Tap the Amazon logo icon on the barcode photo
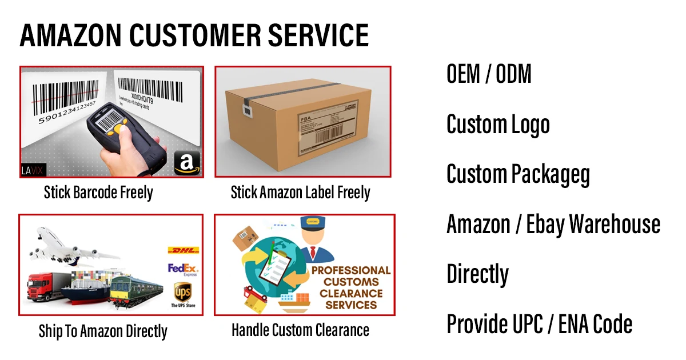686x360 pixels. point(185,163)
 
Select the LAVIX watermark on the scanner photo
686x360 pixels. point(34,169)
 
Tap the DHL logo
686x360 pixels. point(183,250)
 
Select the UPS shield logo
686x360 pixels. point(183,292)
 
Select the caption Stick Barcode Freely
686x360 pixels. point(98,193)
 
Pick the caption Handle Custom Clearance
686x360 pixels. point(300,330)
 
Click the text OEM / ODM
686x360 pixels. point(489,74)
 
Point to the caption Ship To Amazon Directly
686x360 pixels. point(103,331)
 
